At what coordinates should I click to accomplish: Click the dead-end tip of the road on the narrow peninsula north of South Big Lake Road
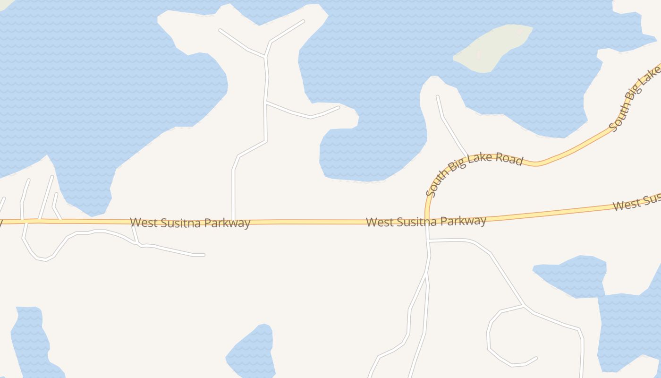pos(438,96)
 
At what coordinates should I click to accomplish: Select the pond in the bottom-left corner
pos(31,340)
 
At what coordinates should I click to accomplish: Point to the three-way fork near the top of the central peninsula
pos(266,57)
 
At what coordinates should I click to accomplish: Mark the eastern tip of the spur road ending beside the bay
pos(339,107)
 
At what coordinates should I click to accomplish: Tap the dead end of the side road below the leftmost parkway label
pos(203,255)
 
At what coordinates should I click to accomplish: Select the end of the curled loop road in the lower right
pos(536,358)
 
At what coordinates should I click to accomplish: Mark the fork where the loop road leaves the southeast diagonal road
pos(524,306)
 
